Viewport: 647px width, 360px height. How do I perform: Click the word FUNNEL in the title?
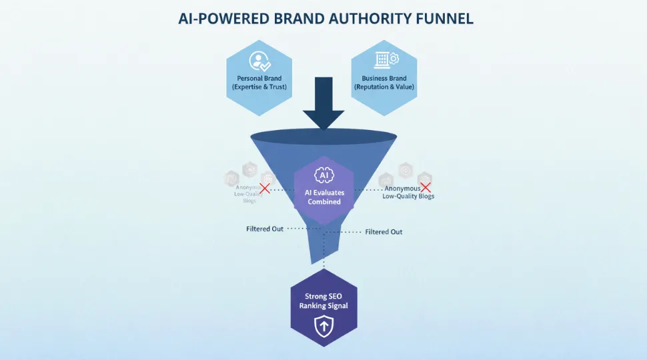point(439,19)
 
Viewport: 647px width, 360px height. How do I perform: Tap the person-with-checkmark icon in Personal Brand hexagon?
point(259,61)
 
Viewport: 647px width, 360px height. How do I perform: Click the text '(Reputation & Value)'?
point(384,87)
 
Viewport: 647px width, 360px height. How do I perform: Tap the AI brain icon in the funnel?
point(323,175)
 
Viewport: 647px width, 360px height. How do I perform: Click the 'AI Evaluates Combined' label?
point(324,197)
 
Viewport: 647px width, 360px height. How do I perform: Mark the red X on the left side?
point(265,189)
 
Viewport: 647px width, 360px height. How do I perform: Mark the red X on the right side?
point(425,187)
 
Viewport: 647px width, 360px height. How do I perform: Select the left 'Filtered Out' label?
point(265,229)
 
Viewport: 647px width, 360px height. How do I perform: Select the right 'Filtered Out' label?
point(384,232)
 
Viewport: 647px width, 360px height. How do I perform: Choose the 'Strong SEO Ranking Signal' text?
point(323,301)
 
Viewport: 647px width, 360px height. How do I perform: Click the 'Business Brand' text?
point(384,78)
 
